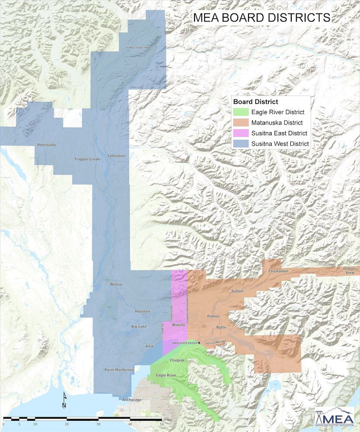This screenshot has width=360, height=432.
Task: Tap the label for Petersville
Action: (x=47, y=145)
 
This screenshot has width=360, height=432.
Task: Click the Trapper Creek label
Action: (x=87, y=159)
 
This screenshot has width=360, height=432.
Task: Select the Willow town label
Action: (x=116, y=285)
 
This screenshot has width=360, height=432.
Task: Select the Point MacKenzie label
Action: (x=119, y=370)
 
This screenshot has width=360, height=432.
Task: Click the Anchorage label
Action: (x=132, y=400)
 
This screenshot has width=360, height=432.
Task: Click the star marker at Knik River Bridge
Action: (x=200, y=343)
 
